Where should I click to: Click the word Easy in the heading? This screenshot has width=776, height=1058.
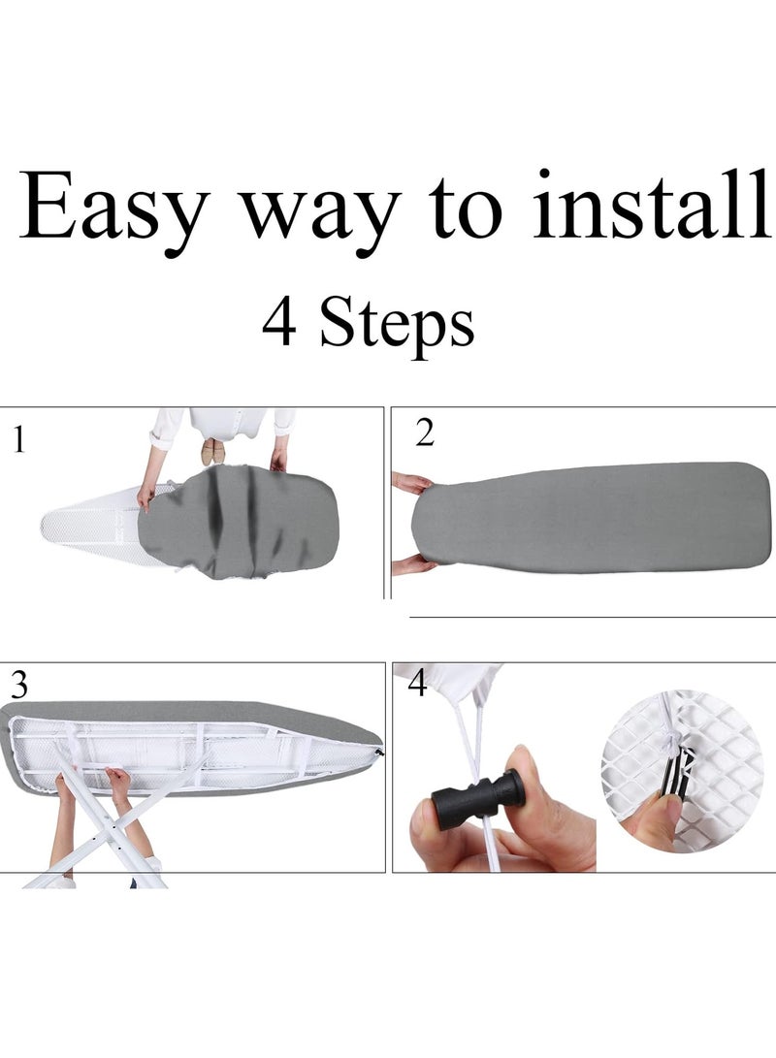tap(113, 208)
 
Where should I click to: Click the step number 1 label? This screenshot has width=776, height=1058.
tap(16, 441)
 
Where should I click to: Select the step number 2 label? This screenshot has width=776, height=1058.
tap(425, 434)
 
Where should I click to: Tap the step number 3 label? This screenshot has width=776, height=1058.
tap(18, 685)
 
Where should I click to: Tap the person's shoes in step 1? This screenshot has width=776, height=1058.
tap(212, 451)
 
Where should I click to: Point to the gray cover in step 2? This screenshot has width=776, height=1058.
tap(592, 517)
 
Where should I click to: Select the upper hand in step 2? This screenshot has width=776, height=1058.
tap(411, 482)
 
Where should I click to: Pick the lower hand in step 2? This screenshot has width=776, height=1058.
tap(411, 562)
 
